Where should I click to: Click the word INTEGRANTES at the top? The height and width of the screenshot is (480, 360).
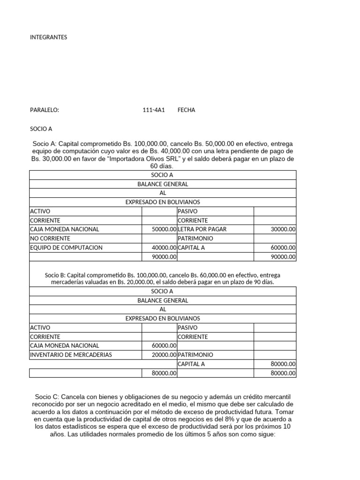[x=48, y=37]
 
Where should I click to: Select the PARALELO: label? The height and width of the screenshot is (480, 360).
[x=45, y=110]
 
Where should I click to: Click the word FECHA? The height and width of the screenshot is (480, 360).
[x=187, y=110]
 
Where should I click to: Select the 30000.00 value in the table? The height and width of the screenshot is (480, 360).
[x=283, y=230]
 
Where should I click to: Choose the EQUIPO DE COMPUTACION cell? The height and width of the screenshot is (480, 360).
[x=66, y=247]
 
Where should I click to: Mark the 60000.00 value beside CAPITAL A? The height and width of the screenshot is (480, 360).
[x=283, y=247]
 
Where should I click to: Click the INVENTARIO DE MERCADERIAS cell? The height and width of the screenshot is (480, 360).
[x=71, y=355]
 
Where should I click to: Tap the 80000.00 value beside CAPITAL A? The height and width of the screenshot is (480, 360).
[x=283, y=364]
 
